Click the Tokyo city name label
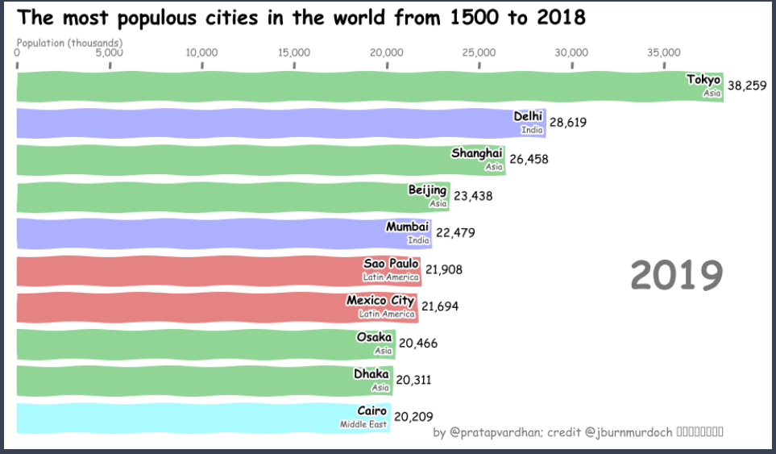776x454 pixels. pos(703,79)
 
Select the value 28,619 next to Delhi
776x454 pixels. pos(568,123)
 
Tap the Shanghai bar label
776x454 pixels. pos(476,153)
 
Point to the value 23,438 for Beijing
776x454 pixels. pos(473,196)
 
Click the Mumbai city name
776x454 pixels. pos(407,227)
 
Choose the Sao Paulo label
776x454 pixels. pos(391,264)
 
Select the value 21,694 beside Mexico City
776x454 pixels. pos(442,306)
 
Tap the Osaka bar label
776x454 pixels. pos(374,337)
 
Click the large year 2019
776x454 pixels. pos(676,276)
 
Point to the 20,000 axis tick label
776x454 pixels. pos(386,53)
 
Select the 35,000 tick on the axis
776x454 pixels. pos(664,53)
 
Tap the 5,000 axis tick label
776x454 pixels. pos(109,53)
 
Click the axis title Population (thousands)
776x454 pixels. pos(69,42)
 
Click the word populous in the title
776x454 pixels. pos(162,17)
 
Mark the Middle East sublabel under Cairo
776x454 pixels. pos(363,424)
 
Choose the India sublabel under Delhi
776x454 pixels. pos(532,130)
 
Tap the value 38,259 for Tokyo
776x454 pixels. pos(746,85)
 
